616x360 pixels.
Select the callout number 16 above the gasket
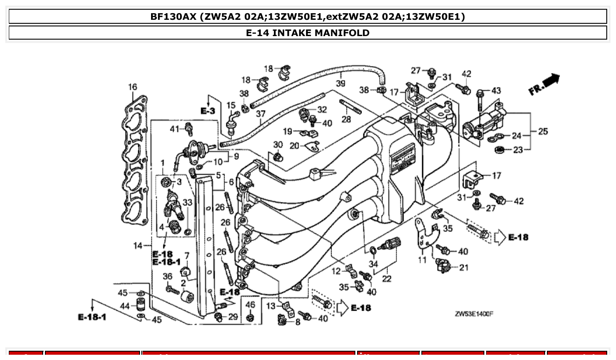[x=133, y=87]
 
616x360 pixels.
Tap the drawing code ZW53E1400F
[x=474, y=314]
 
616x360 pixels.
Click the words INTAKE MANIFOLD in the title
[x=321, y=33]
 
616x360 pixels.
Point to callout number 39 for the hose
[x=340, y=84]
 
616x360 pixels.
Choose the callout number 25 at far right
[x=542, y=132]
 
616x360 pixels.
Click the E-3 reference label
[x=207, y=111]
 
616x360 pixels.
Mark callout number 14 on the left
[x=138, y=246]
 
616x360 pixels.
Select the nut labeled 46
[x=250, y=317]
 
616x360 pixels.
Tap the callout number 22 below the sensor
[x=386, y=279]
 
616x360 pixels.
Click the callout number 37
[x=261, y=114]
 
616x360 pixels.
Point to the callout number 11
[x=422, y=260]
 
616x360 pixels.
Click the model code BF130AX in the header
[x=173, y=17]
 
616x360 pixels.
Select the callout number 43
[x=496, y=91]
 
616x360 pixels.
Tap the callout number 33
[x=188, y=202]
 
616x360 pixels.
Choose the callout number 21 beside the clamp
[x=463, y=267]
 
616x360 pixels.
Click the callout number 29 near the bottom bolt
[x=232, y=317]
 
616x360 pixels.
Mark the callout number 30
[x=278, y=144]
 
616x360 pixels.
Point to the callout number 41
[x=175, y=129]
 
